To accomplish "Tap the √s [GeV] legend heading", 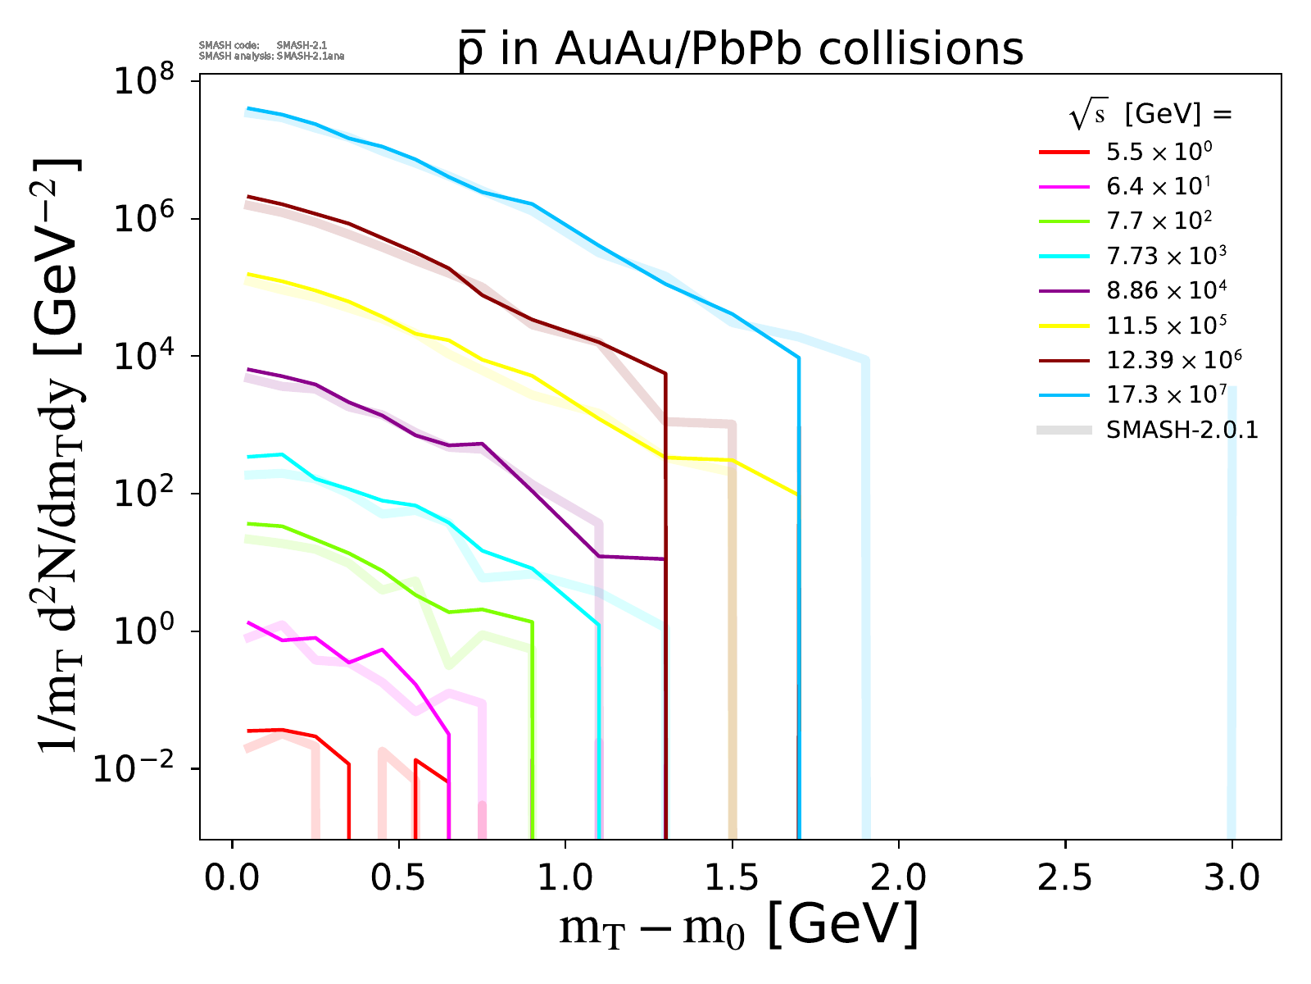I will [1150, 115].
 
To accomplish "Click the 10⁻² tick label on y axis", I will [142, 768].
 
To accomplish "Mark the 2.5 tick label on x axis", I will [1065, 878].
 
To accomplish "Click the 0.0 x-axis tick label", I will [233, 878].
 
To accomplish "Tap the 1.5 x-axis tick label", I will [732, 878].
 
